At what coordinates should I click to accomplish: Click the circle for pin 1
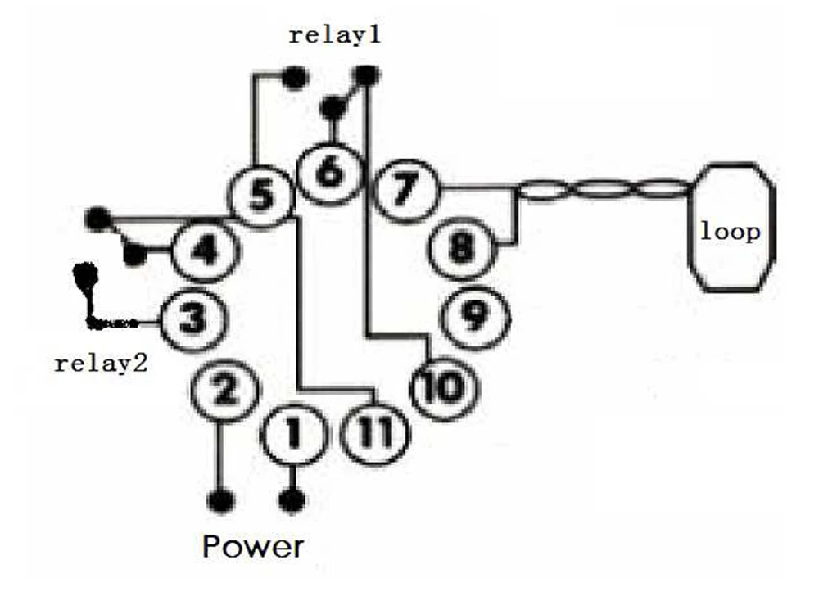(x=292, y=432)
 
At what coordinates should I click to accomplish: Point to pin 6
(x=328, y=172)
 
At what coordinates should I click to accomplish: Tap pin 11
(x=373, y=432)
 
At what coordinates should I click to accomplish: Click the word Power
(x=253, y=546)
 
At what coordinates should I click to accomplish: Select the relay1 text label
(x=335, y=36)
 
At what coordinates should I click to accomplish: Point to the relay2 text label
(x=100, y=363)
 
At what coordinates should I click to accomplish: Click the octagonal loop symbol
(x=730, y=227)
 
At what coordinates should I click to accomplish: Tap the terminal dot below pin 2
(x=220, y=499)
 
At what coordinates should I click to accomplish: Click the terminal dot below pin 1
(x=292, y=499)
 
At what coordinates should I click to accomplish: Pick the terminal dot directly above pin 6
(x=333, y=107)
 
